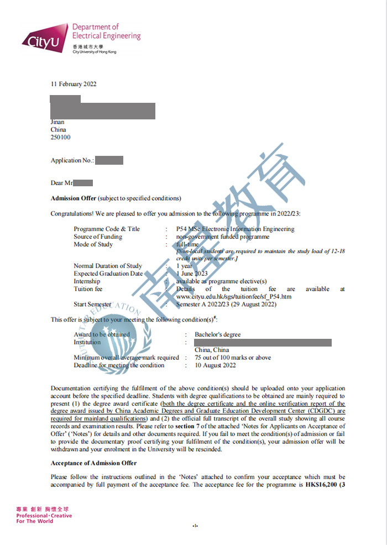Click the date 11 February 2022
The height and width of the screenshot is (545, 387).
click(74, 84)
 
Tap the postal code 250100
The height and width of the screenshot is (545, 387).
click(60, 138)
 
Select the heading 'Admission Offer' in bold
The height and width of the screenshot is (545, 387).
click(74, 198)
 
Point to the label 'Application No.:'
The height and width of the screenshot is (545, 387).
click(72, 160)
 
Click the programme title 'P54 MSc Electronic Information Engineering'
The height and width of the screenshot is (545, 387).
click(235, 229)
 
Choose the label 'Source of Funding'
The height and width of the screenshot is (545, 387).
click(98, 237)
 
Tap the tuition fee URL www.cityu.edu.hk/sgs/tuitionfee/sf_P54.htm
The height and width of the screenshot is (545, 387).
click(234, 297)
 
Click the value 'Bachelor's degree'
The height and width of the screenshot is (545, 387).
click(217, 334)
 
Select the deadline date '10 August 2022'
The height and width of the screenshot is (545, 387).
click(215, 365)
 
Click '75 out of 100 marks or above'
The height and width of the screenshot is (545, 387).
click(233, 358)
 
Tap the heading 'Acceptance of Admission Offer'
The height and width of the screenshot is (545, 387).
click(93, 463)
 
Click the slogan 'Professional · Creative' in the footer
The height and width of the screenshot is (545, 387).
click(44, 516)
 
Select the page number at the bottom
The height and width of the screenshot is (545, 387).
click(195, 525)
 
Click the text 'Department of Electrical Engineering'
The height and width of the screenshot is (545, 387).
click(106, 31)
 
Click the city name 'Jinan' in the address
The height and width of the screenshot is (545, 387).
click(57, 122)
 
